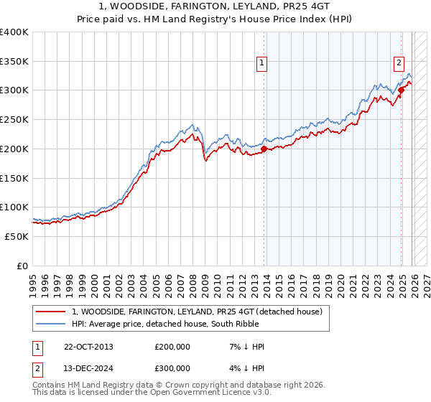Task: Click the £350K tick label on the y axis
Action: pos(14,61)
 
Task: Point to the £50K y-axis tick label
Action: pos(17,236)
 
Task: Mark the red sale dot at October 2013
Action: pos(264,149)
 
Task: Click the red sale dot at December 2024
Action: pos(402,90)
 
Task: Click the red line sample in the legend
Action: pos(52,312)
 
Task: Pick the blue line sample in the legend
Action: pos(52,324)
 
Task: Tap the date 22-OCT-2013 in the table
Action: pos(88,347)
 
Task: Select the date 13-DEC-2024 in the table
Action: pos(88,370)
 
